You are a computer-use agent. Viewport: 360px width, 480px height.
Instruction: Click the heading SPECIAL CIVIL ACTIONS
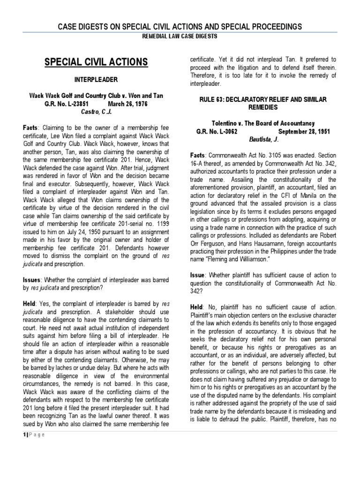pyautogui.click(x=96, y=62)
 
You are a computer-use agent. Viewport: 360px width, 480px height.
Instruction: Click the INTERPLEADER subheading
pyautogui.click(x=96, y=80)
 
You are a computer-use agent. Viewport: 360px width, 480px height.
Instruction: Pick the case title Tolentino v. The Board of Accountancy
pyautogui.click(x=262, y=123)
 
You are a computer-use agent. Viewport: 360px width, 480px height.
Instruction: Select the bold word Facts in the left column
pyautogui.click(x=31, y=127)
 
